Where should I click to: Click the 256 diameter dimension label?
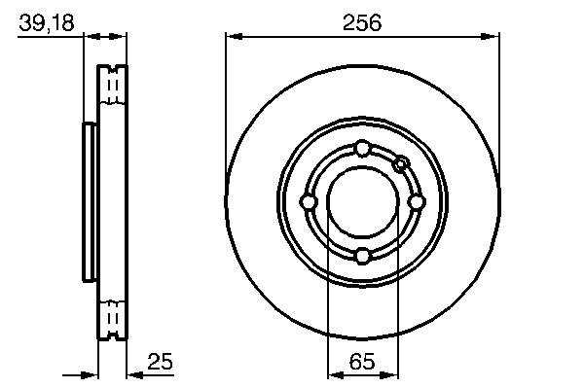tap(362, 22)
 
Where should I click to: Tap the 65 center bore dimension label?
tap(362, 361)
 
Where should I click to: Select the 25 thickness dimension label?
tap(161, 361)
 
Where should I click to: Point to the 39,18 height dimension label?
tap(47, 22)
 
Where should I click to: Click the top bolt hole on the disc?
tap(362, 149)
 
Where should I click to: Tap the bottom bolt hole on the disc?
tap(362, 256)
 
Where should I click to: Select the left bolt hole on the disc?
tap(309, 202)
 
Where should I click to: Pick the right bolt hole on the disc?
tap(417, 202)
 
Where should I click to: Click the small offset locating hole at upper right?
tap(401, 163)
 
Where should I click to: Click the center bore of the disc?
tap(363, 202)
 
